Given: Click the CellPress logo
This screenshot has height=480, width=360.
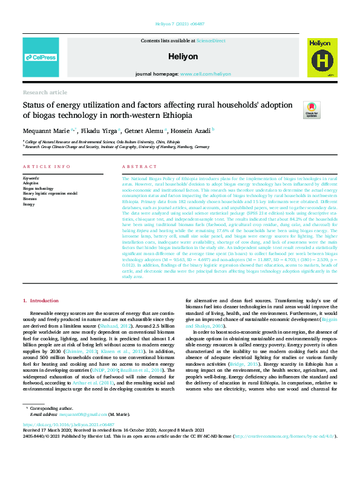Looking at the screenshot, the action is tap(41, 57).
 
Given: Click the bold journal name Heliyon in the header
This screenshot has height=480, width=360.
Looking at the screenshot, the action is tap(183, 56).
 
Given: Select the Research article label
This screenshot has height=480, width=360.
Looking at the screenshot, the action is tap(45, 92).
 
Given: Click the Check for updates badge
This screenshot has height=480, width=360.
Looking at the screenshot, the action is tap(312, 109).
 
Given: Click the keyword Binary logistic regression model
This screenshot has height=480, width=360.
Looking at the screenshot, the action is tap(50, 193).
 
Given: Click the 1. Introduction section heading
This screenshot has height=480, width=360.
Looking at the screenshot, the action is tap(41, 300).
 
